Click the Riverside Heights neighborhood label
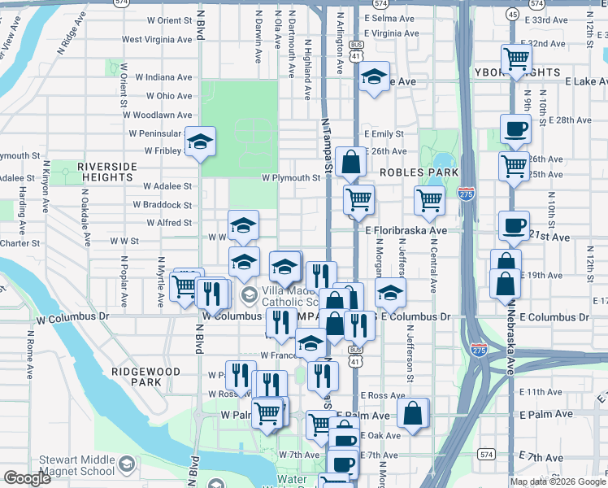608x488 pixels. (x=106, y=172)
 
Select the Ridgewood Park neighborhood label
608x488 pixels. (x=145, y=376)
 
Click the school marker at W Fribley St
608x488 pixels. (x=200, y=143)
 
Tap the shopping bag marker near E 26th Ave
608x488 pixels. (x=350, y=163)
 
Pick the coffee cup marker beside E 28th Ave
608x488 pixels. (x=515, y=129)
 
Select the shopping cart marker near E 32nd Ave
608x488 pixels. (x=515, y=59)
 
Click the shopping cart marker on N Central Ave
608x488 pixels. (x=429, y=201)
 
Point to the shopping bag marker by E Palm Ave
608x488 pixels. (x=413, y=413)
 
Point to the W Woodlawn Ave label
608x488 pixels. (x=159, y=116)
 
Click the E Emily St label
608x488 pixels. (x=384, y=133)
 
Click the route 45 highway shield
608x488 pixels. (x=513, y=14)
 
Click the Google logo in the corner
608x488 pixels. (x=27, y=478)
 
